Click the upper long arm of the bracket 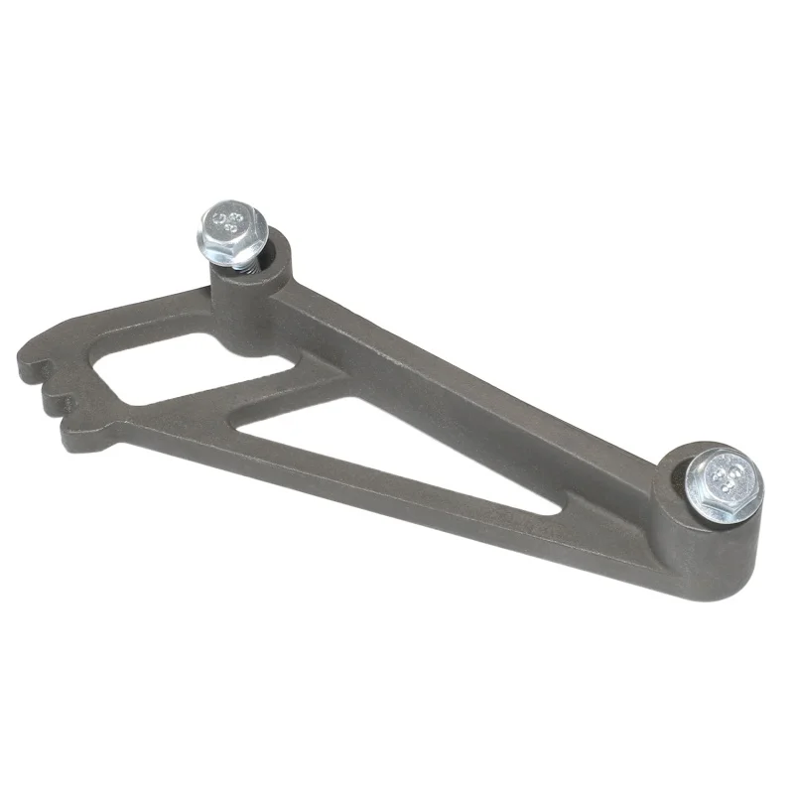466,387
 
